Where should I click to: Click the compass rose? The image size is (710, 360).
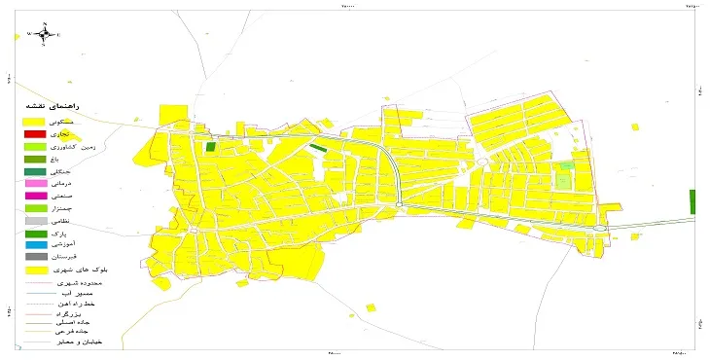coord(43,34)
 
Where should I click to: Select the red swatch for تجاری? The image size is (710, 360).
coord(35,133)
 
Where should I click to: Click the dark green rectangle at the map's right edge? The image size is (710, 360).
coord(692,201)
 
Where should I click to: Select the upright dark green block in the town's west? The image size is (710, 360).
coord(210,148)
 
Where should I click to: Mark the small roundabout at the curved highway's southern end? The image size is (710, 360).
coord(401,203)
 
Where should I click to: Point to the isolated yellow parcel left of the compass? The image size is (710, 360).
coord(17,37)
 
